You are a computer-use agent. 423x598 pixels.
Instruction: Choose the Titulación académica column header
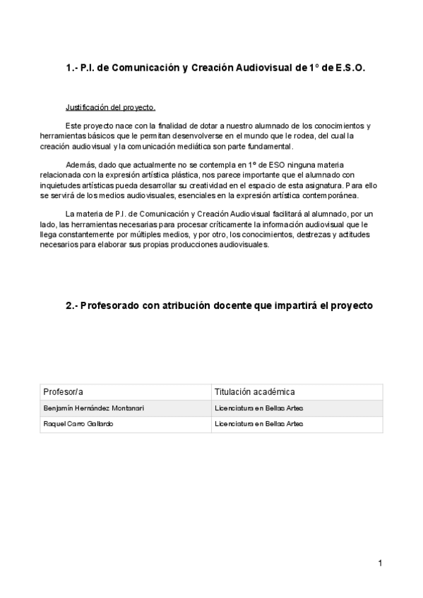click(x=254, y=392)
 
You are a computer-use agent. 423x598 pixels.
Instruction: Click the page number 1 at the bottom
click(x=380, y=563)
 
